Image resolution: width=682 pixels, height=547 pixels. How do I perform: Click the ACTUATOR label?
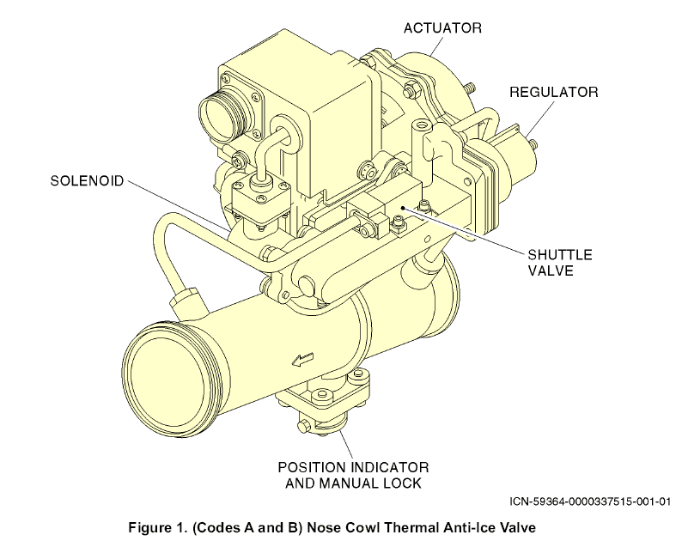click(x=442, y=27)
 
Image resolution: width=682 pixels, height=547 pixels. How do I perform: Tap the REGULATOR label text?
click(x=553, y=92)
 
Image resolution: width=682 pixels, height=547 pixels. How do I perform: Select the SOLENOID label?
click(x=87, y=180)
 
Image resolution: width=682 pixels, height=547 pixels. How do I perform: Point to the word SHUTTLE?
click(x=560, y=255)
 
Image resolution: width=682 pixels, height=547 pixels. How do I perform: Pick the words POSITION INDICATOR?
click(x=353, y=467)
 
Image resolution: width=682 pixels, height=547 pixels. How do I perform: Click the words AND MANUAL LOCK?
click(x=353, y=483)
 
